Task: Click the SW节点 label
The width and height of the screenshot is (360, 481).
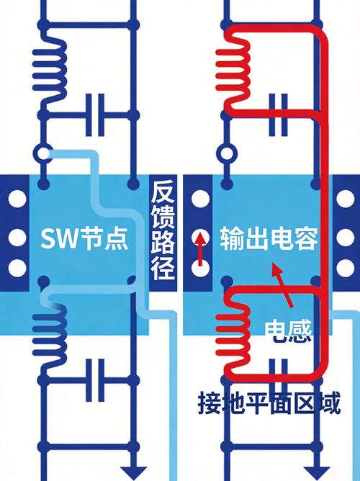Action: (x=84, y=238)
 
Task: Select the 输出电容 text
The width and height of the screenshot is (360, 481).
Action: (x=269, y=238)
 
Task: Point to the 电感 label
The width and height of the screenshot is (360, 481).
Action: (x=288, y=331)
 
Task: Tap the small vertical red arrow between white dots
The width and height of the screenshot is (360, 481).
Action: (x=200, y=249)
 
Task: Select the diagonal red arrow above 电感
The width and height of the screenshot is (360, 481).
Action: (x=282, y=284)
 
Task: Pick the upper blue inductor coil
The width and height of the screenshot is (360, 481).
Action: (x=50, y=69)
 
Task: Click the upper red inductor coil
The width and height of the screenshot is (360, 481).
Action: (x=234, y=69)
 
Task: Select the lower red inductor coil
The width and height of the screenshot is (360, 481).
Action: (x=234, y=334)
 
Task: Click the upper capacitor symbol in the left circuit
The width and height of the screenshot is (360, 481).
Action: (x=95, y=115)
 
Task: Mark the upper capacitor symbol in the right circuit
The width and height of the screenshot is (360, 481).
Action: (x=278, y=115)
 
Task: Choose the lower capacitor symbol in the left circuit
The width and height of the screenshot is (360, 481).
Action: (x=95, y=380)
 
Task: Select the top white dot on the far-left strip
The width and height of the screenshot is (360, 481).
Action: (x=17, y=199)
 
